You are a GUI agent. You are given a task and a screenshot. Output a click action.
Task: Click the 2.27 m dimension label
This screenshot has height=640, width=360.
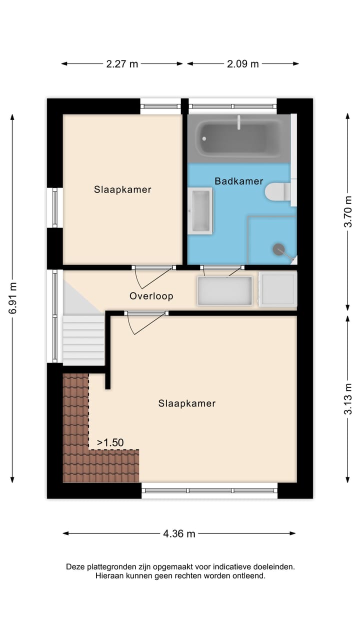tap(122, 64)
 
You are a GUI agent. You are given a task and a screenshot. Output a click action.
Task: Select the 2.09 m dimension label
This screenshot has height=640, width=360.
tap(243, 64)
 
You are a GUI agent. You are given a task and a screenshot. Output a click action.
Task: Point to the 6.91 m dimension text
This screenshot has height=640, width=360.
tap(13, 298)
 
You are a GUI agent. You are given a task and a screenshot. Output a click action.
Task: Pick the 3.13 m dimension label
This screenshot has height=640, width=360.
tap(348, 398)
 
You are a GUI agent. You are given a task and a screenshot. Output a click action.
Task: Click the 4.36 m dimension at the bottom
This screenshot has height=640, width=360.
tap(179, 533)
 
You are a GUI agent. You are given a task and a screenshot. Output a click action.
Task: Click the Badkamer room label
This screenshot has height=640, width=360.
tap(238, 181)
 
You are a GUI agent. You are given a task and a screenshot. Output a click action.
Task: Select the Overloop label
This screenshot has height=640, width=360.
tap(151, 296)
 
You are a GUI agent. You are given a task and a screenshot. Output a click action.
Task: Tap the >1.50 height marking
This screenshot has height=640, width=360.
tap(110, 442)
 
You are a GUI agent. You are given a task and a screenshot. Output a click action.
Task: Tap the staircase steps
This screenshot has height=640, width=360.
tap(83, 340)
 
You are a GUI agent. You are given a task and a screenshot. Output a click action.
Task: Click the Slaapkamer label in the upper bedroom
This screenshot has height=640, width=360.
tap(122, 189)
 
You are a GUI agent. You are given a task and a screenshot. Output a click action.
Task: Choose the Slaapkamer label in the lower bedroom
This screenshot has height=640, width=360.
tap(187, 403)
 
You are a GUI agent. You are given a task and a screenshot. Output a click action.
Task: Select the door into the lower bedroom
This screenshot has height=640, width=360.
tap(146, 322)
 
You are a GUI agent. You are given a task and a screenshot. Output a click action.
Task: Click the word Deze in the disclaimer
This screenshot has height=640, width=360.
tap(76, 567)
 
